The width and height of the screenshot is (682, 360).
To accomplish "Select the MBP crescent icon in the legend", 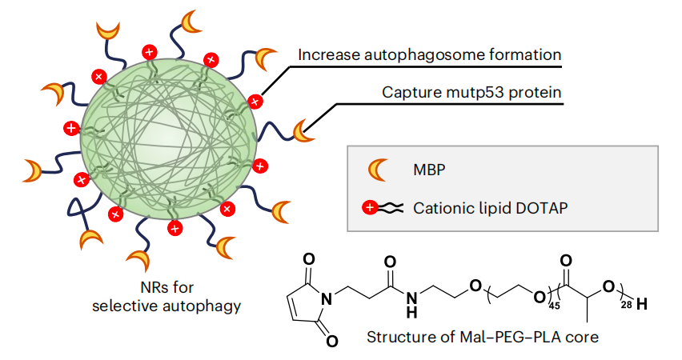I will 375,171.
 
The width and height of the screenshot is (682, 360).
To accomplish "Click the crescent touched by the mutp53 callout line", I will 303,130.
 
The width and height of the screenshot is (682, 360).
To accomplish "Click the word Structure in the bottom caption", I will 399,337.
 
